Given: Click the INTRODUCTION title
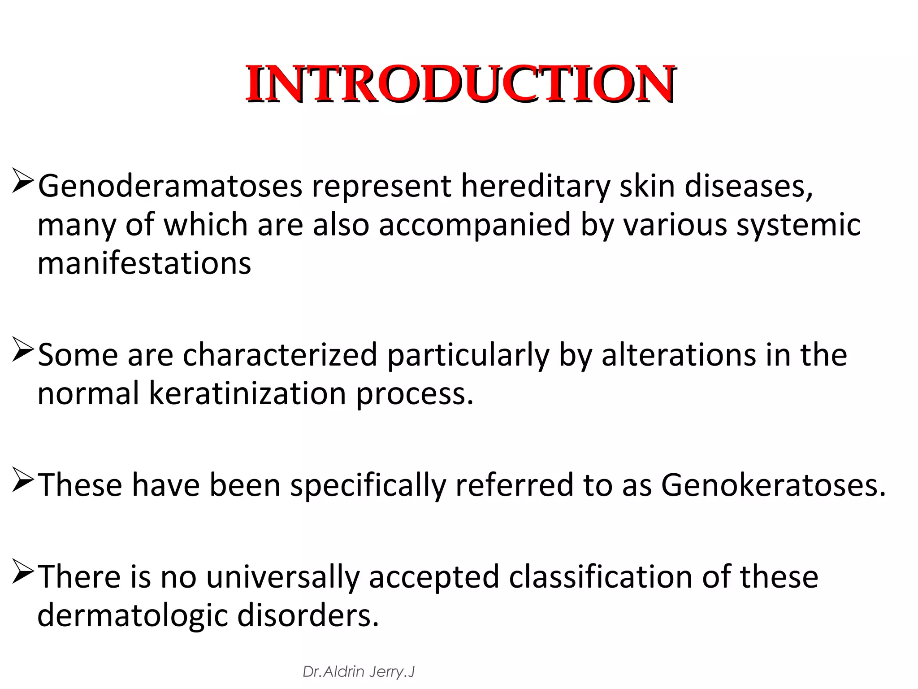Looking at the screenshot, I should [460, 84].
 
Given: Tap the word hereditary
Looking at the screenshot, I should [535, 186].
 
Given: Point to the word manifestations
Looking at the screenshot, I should [144, 263].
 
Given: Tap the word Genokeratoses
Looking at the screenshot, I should [773, 485].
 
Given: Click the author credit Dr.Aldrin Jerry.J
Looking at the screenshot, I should [359, 672].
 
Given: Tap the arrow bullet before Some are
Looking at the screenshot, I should [23, 349].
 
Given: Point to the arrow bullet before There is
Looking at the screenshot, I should [23, 571].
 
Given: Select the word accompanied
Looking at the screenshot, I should [475, 225].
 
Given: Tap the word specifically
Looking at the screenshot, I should [368, 485].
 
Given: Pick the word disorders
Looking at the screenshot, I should [308, 615].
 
